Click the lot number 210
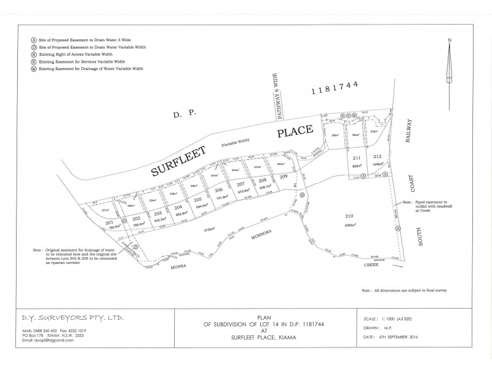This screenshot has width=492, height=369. point(349,216)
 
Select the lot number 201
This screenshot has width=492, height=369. point(110,222)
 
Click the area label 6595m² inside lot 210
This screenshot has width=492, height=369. point(351,225)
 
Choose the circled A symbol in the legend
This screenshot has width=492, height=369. point(25,39)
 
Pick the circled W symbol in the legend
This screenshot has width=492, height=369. point(25,69)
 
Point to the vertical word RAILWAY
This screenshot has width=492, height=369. point(407,130)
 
